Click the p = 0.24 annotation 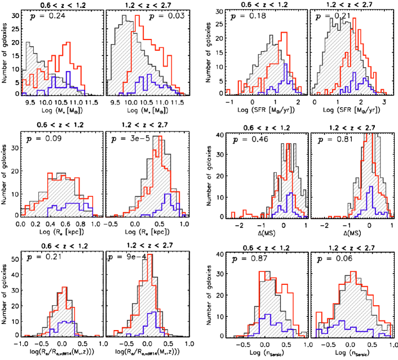point(46,16)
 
